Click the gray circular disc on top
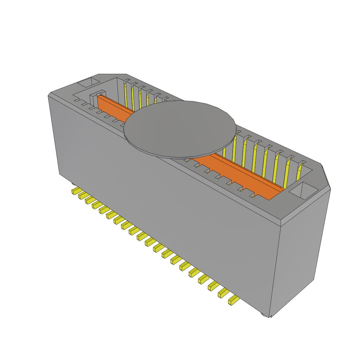coord(179,128)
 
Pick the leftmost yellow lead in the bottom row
coord(75,191)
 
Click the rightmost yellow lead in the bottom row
coord(233,301)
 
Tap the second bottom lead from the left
coord(82,195)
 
